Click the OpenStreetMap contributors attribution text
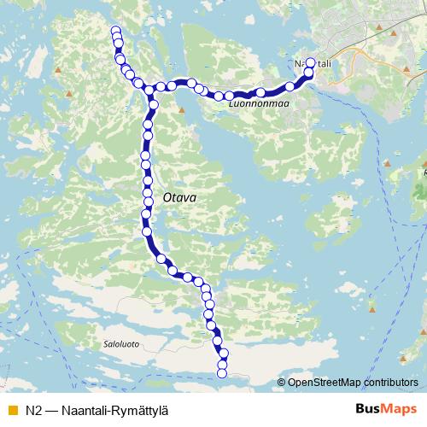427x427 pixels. click(351, 383)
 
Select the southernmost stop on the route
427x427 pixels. click(222, 371)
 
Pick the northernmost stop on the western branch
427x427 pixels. click(116, 33)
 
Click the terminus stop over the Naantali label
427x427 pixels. click(310, 62)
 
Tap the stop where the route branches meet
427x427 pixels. click(149, 90)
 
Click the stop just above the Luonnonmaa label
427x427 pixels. click(260, 92)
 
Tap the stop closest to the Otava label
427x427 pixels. click(149, 202)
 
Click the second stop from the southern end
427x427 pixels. click(222, 364)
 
